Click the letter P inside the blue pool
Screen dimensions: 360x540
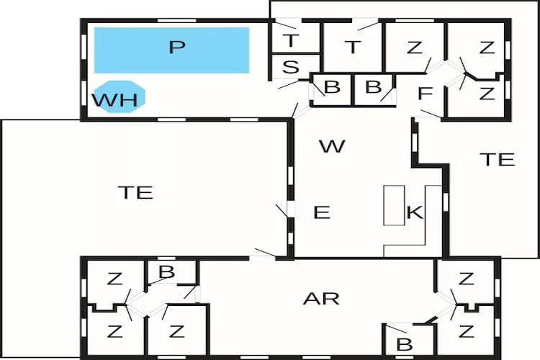(176, 48)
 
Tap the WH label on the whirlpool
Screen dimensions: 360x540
(114, 99)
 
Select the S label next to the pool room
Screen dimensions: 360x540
(291, 68)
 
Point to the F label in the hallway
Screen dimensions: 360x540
(426, 94)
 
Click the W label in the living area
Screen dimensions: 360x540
(332, 147)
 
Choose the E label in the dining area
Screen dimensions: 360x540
(322, 212)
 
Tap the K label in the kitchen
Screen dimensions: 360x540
(414, 212)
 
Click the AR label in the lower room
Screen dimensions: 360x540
(322, 298)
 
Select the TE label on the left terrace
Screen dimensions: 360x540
(135, 192)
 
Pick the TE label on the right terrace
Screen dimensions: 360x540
(498, 159)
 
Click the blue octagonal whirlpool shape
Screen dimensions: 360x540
(120, 96)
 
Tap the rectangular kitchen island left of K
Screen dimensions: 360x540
(393, 205)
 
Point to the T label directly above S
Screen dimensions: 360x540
(290, 40)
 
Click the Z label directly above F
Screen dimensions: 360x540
(414, 48)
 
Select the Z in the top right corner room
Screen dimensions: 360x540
(487, 48)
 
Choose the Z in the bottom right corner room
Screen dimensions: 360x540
(466, 332)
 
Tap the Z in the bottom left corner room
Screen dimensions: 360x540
(114, 332)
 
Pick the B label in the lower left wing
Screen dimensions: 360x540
(166, 272)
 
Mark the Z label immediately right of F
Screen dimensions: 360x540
(487, 93)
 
